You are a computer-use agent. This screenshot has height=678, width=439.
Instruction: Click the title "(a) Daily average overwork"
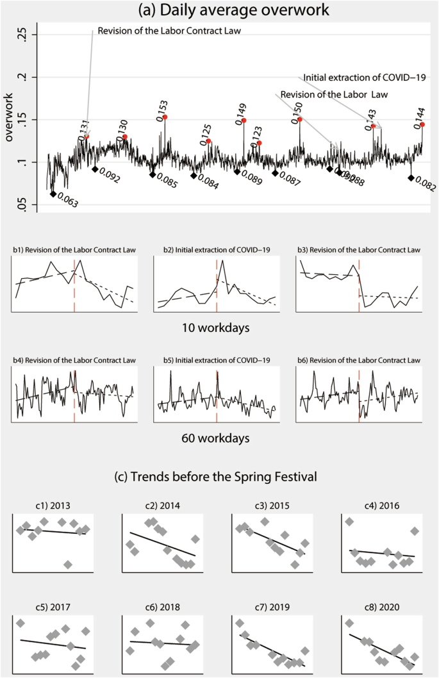coord(219,11)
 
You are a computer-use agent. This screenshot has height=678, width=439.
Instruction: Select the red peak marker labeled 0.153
coord(165,117)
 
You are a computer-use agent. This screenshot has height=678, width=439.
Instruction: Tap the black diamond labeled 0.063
coord(53,194)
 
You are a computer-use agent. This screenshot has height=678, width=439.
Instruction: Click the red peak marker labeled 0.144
coord(422,124)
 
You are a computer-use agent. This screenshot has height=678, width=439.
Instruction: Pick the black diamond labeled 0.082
coord(411,178)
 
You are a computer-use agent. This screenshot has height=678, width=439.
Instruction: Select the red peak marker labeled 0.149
coord(244,120)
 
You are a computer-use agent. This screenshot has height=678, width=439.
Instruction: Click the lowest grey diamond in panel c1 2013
coord(68,564)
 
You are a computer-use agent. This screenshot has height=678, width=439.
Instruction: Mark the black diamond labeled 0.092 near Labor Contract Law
coord(95,169)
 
